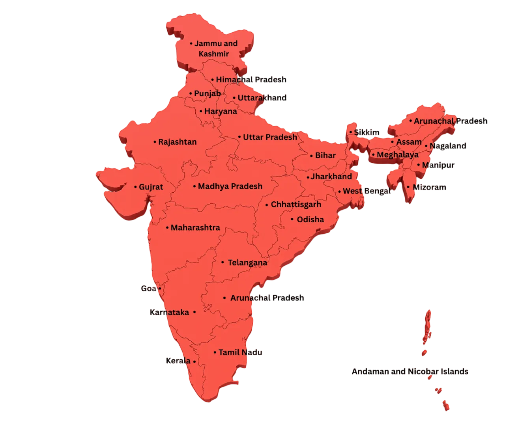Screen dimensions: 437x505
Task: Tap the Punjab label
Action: click(x=207, y=93)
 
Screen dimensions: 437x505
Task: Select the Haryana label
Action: click(x=221, y=111)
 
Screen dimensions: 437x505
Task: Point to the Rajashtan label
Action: click(x=177, y=142)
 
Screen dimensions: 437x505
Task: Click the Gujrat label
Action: click(x=151, y=187)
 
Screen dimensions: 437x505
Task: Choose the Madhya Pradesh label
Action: click(x=230, y=186)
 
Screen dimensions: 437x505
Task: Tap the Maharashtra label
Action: click(x=195, y=227)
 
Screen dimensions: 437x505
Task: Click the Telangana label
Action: click(x=247, y=262)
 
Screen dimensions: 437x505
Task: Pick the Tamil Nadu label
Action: click(x=240, y=352)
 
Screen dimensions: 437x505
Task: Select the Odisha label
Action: click(x=310, y=219)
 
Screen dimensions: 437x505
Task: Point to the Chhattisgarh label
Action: click(x=296, y=205)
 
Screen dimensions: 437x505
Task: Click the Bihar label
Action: click(x=325, y=155)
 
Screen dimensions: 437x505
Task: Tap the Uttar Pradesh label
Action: click(x=270, y=137)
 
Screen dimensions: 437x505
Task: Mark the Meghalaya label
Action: click(x=397, y=154)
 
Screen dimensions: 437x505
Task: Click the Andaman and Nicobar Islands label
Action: click(x=410, y=371)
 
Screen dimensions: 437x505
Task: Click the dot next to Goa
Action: click(x=160, y=288)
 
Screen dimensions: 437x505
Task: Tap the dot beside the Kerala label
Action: click(x=195, y=361)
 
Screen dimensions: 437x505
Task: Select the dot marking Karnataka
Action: click(x=194, y=312)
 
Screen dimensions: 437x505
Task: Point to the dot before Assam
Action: click(x=392, y=142)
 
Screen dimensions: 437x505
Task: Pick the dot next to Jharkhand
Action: click(x=308, y=177)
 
